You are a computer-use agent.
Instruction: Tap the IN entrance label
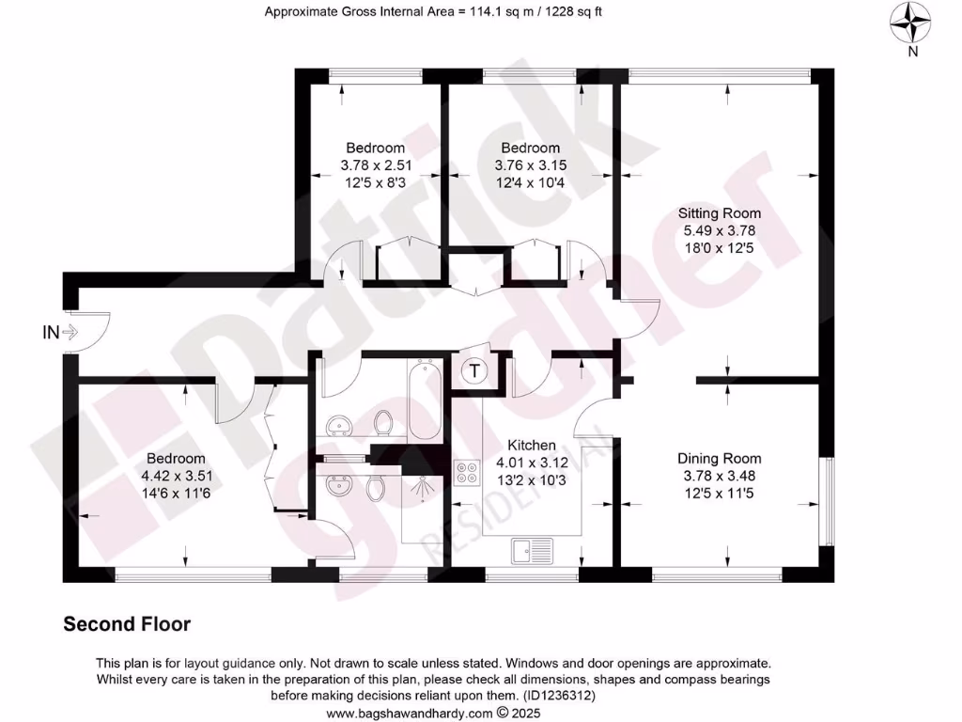pos(50,332)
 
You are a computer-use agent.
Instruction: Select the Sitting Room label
pos(721,213)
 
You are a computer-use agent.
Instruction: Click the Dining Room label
pos(719,459)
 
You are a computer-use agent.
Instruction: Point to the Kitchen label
pos(532,446)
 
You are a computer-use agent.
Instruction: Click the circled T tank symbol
pos(475,371)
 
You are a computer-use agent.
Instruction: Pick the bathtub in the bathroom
pos(425,401)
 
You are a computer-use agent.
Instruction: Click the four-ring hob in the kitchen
pos(465,472)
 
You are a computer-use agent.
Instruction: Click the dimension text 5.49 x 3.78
pos(719,229)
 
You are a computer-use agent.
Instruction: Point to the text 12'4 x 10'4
pos(530,181)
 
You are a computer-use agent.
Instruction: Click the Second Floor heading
pos(127,624)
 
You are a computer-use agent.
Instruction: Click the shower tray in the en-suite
pos(423,508)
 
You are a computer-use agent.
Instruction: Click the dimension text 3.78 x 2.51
pos(376,165)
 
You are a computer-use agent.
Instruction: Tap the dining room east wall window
pos(826,500)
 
